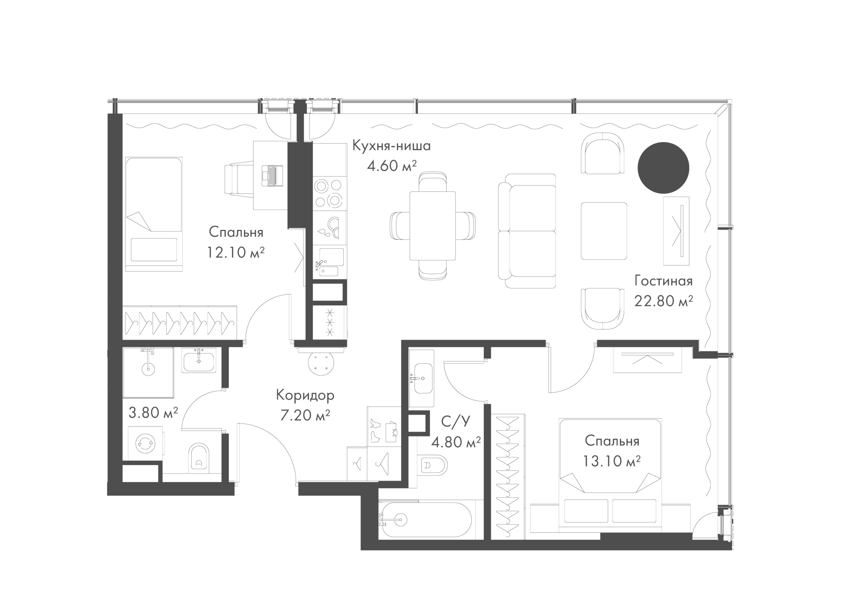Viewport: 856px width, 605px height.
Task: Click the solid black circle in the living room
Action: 663,168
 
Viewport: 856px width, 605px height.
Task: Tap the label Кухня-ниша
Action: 391,146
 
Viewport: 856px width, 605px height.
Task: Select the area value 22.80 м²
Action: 663,301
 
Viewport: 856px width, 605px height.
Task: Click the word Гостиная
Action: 663,281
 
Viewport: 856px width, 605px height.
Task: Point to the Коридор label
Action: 305,395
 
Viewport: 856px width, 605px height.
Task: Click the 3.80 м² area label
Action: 153,412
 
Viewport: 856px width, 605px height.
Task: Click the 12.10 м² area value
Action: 236,253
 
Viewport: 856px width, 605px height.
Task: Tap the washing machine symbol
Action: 145,443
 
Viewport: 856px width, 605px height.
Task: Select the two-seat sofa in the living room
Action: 527,230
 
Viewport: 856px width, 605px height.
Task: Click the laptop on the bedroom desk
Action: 271,175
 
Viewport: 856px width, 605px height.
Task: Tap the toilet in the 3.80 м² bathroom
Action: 199,457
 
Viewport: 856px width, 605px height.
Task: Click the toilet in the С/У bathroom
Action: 433,466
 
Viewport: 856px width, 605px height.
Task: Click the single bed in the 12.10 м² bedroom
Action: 154,214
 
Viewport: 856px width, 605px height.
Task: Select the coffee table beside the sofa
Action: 604,231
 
